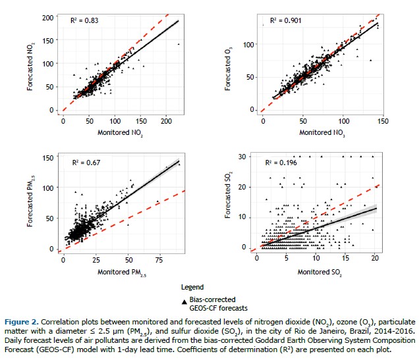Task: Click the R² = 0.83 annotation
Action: pyautogui.click(x=85, y=22)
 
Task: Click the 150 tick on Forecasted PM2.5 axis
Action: pyautogui.click(x=47, y=157)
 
